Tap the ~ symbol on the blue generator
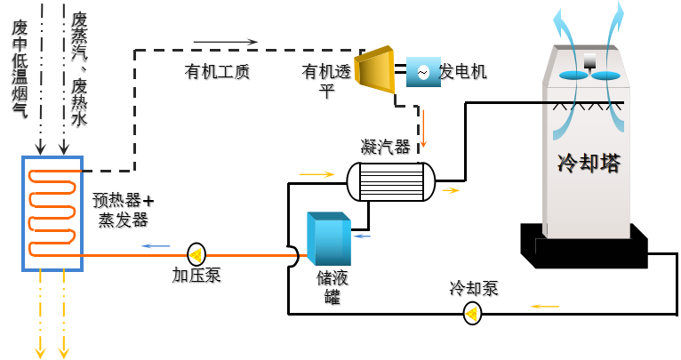click(x=423, y=72)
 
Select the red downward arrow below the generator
click(x=423, y=129)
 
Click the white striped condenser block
click(x=391, y=182)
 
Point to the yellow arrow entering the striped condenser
click(x=317, y=174)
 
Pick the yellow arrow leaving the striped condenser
click(x=451, y=190)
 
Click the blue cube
click(x=328, y=239)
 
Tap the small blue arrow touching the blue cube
click(x=361, y=236)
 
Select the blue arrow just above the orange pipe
click(x=156, y=246)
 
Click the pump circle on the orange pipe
click(x=196, y=255)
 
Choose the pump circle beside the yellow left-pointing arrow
click(x=472, y=313)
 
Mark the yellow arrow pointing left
click(x=544, y=307)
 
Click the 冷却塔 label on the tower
click(x=589, y=163)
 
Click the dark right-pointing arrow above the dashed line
click(x=225, y=42)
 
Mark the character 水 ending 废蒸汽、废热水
click(x=79, y=118)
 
